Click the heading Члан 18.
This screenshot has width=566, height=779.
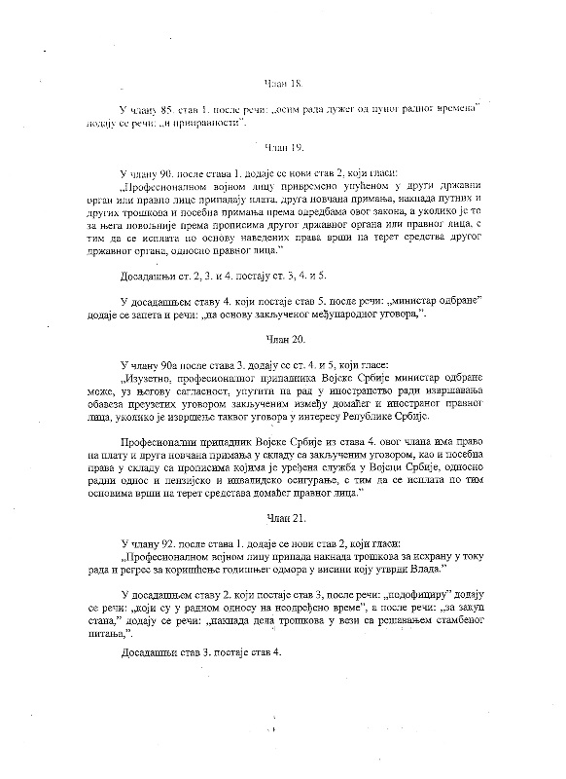pyautogui.click(x=282, y=85)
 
